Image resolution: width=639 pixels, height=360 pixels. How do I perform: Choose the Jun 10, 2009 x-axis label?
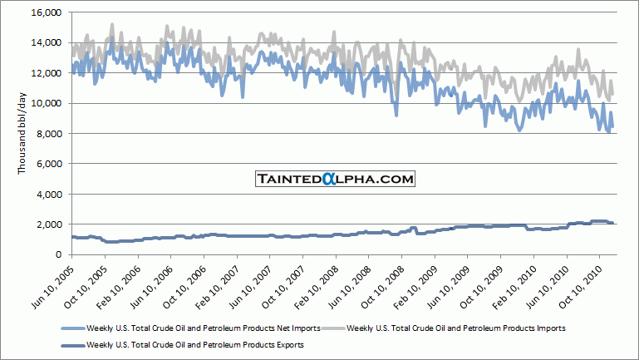(x=450, y=283)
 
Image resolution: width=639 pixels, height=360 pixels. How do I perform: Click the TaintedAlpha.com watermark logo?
(x=334, y=179)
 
